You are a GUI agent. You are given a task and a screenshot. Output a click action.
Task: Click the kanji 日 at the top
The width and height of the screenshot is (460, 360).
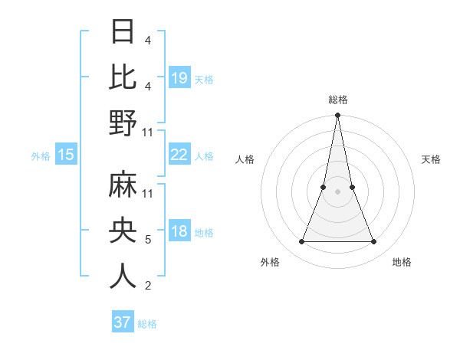(123, 31)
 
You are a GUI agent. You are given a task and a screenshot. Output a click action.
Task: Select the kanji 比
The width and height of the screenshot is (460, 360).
(123, 77)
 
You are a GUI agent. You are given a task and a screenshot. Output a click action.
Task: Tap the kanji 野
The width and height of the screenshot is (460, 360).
(123, 123)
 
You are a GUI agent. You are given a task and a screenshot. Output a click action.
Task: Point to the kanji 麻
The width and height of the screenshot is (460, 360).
(123, 185)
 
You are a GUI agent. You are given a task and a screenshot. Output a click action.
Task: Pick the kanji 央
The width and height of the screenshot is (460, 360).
(123, 230)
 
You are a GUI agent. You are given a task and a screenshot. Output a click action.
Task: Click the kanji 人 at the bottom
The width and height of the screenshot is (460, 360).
(123, 276)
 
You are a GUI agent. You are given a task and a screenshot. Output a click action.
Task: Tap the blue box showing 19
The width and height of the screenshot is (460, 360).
(179, 77)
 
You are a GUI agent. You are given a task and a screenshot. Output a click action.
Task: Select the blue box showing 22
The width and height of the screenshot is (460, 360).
(179, 155)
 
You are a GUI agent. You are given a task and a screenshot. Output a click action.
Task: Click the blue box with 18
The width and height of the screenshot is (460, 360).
(179, 232)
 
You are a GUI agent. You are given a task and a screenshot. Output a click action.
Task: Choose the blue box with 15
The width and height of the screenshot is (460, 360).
(66, 155)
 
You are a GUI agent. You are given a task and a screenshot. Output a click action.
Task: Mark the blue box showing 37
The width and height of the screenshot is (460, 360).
(123, 322)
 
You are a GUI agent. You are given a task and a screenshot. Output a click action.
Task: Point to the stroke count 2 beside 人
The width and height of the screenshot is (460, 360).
(147, 286)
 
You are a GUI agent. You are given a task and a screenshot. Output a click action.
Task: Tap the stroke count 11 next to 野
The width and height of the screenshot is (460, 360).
(148, 132)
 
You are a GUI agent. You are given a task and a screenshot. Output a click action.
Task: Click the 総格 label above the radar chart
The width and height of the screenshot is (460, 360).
(338, 100)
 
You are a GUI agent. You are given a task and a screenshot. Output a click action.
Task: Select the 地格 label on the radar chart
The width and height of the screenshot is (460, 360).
(402, 262)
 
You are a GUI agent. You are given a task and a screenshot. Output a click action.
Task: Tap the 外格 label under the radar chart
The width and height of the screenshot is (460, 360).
(270, 262)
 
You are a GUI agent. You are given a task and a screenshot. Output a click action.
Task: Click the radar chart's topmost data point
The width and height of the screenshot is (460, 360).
(337, 116)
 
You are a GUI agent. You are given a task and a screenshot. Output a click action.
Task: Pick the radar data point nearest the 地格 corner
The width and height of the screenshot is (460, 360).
(374, 242)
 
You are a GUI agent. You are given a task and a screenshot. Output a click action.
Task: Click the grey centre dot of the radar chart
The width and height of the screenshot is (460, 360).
(337, 191)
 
